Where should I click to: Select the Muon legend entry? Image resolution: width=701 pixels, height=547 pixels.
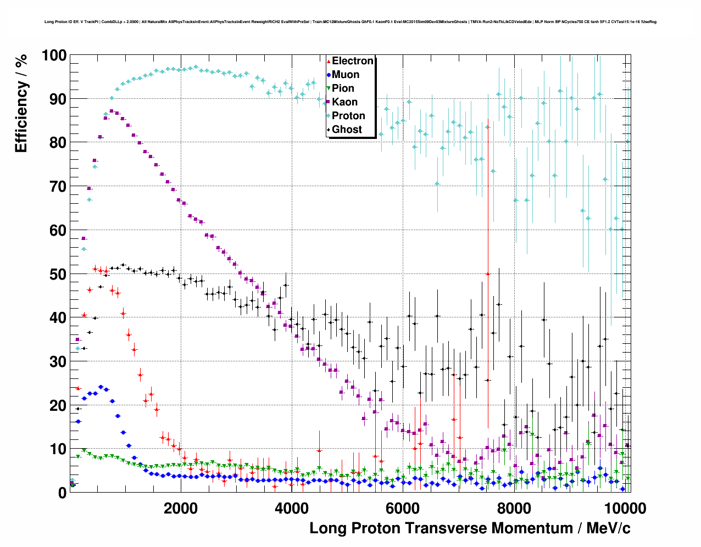pos(345,75)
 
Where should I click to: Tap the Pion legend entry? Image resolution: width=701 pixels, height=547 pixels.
pos(343,88)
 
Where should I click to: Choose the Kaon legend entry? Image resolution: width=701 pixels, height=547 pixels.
pos(344,102)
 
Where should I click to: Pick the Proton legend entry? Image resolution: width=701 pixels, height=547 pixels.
pos(348,116)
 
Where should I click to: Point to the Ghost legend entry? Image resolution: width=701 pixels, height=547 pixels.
pos(347,130)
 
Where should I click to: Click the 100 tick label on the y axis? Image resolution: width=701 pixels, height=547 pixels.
pos(54,55)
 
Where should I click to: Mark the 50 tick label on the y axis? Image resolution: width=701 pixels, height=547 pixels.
pos(58,274)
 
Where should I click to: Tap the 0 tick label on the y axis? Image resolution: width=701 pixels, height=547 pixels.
pos(62,493)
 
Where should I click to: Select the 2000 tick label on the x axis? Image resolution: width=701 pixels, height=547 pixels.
pos(180,508)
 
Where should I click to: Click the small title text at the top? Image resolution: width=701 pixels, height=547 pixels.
pos(350,22)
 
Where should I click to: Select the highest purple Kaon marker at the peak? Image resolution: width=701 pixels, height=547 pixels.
pos(112,111)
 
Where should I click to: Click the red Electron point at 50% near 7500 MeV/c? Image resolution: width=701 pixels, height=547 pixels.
pos(487,273)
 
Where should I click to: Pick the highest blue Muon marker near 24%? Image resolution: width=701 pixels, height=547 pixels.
pos(101,387)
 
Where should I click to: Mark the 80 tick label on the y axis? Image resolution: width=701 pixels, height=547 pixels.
pos(58,143)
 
